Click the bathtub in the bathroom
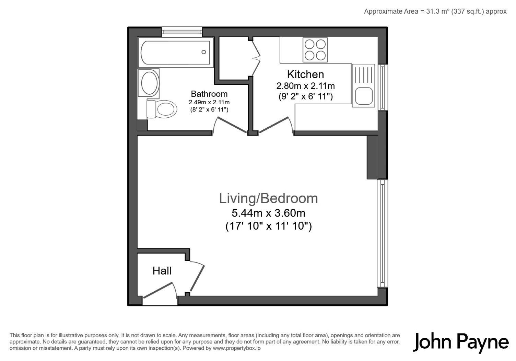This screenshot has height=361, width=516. click(x=176, y=53)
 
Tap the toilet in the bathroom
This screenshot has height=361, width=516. click(x=162, y=109)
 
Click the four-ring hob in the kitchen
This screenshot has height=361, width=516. click(x=315, y=50)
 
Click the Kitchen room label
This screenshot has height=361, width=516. click(x=305, y=74)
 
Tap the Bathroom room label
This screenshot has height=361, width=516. click(x=209, y=94)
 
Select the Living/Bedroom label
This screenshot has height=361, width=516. click(x=268, y=198)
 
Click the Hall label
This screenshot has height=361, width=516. click(x=162, y=271)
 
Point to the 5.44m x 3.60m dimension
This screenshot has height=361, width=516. click(x=268, y=213)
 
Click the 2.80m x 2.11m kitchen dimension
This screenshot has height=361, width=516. click(x=305, y=86)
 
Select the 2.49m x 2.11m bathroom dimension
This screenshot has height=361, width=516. click(x=209, y=102)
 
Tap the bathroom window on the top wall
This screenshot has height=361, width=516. click(x=182, y=32)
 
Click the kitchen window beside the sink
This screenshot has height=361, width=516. click(x=383, y=87)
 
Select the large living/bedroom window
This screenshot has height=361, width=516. click(x=383, y=233)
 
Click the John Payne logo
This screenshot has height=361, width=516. click(x=461, y=342)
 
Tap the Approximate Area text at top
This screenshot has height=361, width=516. click(x=435, y=12)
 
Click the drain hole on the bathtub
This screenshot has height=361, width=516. click(x=204, y=52)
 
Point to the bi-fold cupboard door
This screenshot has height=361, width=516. click(x=256, y=58)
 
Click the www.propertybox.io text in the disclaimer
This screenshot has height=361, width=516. click(x=237, y=348)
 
